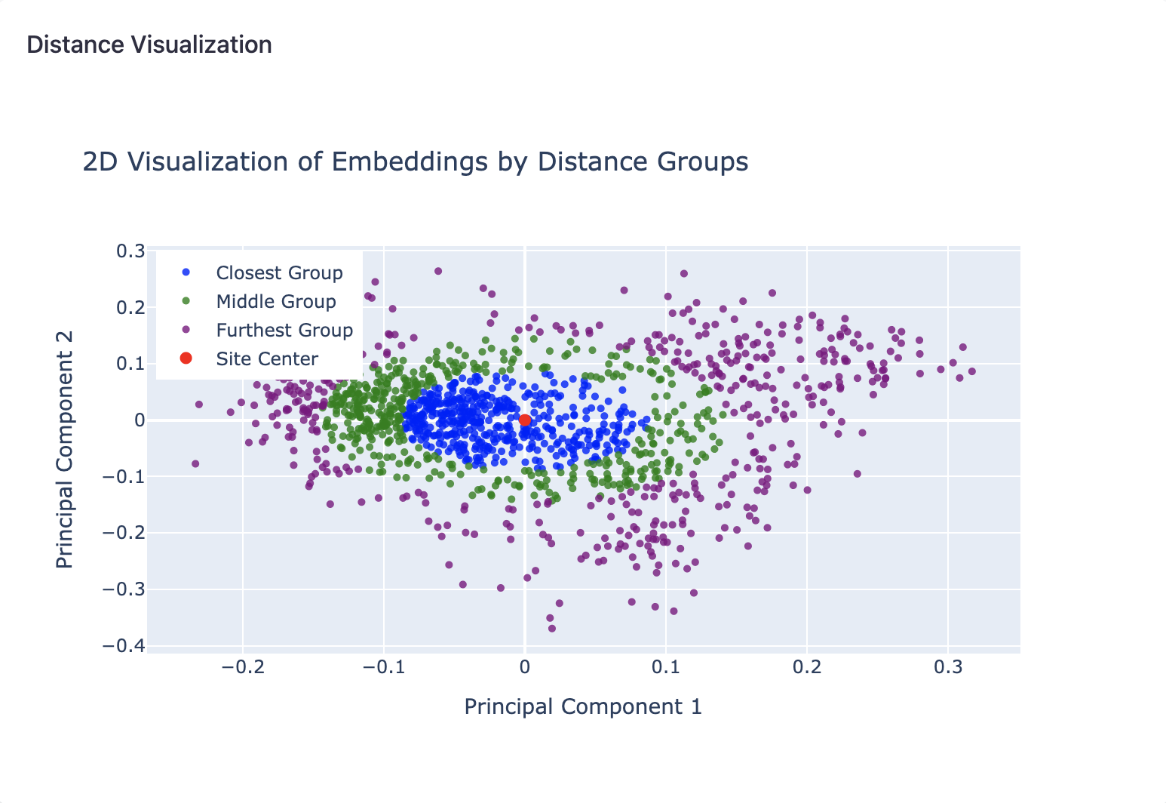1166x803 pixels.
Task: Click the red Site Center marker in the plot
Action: coord(525,420)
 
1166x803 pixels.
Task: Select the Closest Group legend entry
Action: coord(279,273)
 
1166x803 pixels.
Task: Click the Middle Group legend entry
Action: coord(275,302)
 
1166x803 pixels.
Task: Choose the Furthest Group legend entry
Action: coord(284,331)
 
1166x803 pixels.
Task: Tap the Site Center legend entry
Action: coord(266,359)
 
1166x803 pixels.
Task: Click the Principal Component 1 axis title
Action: coord(583,707)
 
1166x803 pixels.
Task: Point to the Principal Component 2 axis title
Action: coord(65,450)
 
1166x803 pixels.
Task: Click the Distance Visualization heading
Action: coord(149,45)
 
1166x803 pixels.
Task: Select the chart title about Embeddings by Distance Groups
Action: coord(416,162)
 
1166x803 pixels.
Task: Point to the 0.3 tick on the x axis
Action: coord(948,667)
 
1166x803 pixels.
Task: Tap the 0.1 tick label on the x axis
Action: coord(666,667)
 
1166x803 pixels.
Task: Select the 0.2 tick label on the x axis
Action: coord(807,667)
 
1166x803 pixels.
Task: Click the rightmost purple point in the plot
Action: coord(971,371)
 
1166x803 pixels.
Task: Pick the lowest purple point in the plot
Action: coord(552,629)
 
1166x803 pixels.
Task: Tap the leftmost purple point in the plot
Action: coord(195,464)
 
